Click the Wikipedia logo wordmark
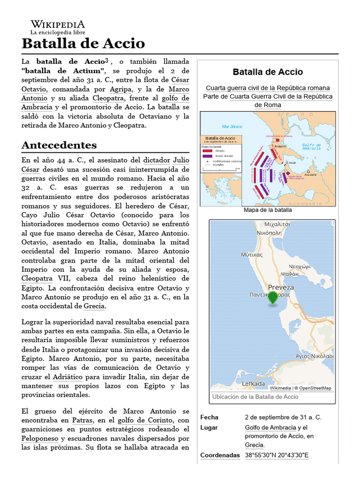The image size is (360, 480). tap(58, 24)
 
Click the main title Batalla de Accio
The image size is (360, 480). tap(83, 44)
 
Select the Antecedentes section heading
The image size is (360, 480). tap(59, 144)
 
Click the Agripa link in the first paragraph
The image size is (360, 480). tap(121, 89)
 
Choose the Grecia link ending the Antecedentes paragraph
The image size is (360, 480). tap(94, 306)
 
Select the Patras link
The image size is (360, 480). tap(82, 420)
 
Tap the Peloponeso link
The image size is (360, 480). tap(40, 438)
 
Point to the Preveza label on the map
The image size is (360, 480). tap(281, 287)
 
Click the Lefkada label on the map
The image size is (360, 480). tap(253, 383)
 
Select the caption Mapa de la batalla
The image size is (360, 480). tap(268, 210)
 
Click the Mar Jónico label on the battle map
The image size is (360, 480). tap(232, 127)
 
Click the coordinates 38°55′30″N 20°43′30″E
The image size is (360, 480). tap(277, 455)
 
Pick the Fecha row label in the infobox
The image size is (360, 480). tap(209, 417)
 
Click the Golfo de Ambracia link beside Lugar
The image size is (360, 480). tap(270, 427)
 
